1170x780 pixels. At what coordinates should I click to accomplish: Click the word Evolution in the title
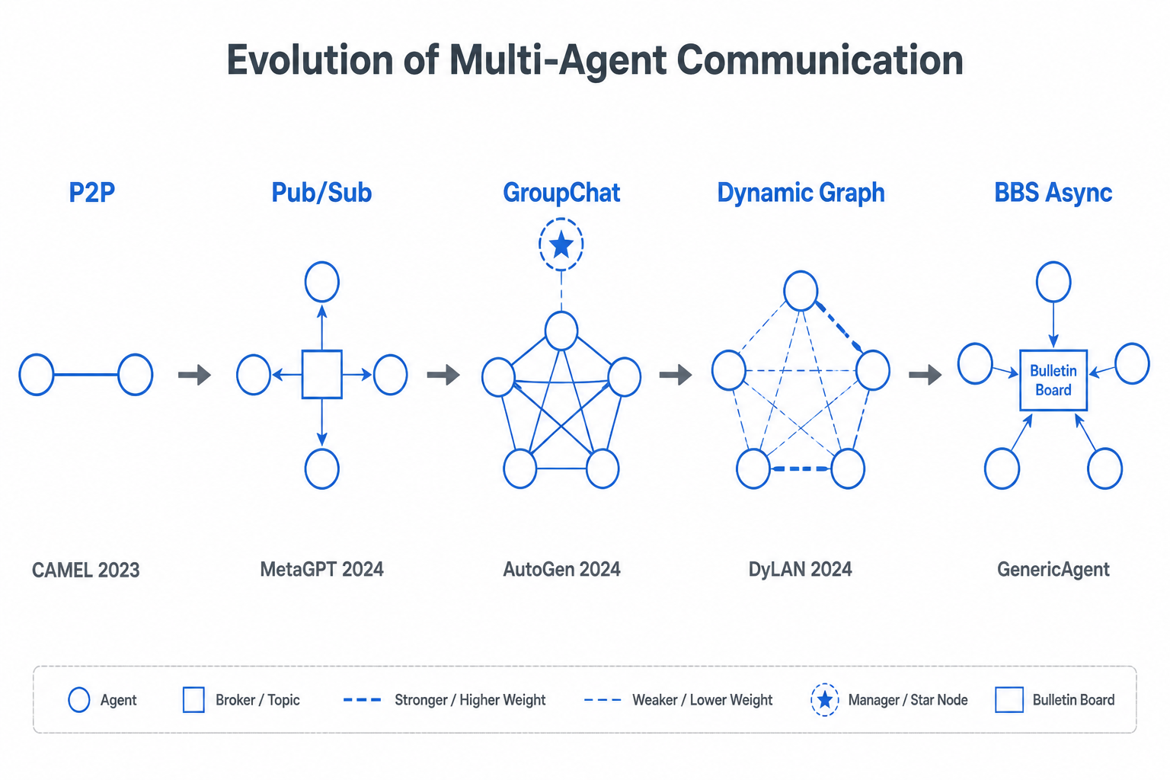coord(310,60)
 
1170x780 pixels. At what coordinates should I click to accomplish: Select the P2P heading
coord(92,192)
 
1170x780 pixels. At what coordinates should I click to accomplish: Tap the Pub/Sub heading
coord(321,193)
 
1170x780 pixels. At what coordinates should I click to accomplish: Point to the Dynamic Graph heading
coord(801,193)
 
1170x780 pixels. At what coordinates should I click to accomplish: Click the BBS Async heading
coord(1053,193)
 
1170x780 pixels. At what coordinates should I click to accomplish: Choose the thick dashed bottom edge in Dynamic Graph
coord(801,468)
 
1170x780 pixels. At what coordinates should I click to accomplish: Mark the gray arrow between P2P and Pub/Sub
coord(194,375)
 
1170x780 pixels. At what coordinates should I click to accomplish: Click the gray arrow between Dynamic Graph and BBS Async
coord(925,375)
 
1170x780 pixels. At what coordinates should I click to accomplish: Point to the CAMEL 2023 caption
coord(85,570)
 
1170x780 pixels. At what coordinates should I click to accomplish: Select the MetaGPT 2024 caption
coord(321,570)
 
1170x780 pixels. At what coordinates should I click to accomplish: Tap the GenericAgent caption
coord(1053,570)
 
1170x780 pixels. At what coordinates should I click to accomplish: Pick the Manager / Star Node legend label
coord(908,700)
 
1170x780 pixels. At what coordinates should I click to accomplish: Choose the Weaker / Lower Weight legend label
coord(702,700)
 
